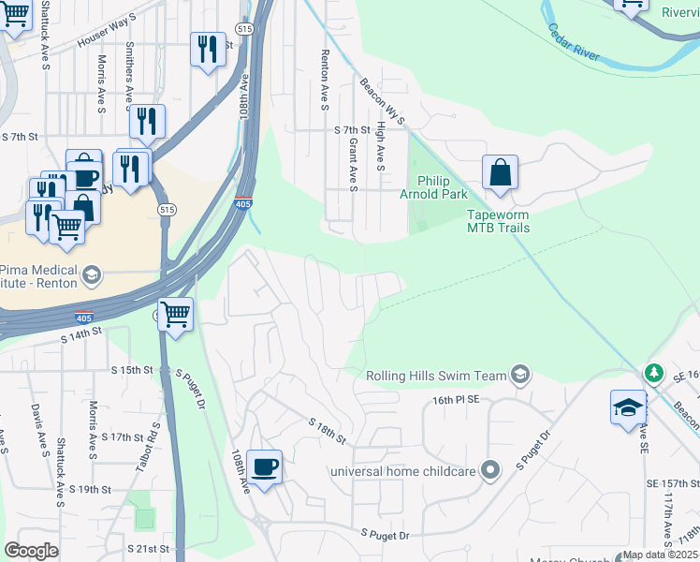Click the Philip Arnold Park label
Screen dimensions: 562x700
point(441,187)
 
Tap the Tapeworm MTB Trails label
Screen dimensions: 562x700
point(499,220)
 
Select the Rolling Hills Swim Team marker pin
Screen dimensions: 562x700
point(520,376)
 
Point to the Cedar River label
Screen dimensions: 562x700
point(574,43)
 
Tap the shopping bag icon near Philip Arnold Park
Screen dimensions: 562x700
point(501,173)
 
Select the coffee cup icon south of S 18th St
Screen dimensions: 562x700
point(266,466)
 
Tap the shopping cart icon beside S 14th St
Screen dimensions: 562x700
point(175,316)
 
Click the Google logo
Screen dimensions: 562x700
point(31,550)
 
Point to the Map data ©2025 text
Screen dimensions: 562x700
point(660,555)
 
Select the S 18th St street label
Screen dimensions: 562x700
point(328,431)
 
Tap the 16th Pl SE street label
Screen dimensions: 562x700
point(455,399)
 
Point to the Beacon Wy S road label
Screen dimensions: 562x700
point(382,102)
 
